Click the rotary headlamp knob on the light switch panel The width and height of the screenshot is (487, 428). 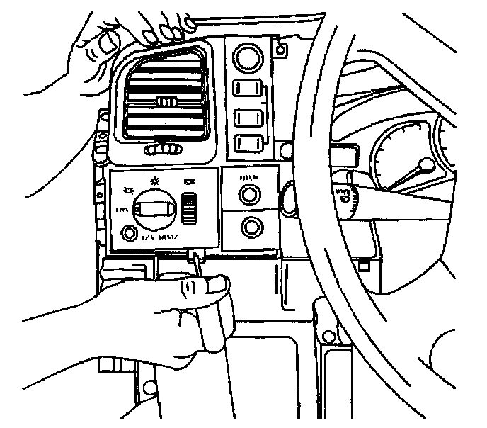(154, 208)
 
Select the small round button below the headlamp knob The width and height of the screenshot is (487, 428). (130, 233)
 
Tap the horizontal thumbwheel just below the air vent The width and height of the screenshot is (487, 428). (164, 150)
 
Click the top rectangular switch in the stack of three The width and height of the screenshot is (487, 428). (248, 89)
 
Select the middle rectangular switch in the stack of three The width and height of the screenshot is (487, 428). (248, 116)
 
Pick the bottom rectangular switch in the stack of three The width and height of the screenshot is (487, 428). (248, 142)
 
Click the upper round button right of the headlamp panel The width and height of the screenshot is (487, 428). (249, 193)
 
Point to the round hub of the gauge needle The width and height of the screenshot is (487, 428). (425, 167)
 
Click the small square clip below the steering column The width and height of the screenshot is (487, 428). (363, 266)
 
